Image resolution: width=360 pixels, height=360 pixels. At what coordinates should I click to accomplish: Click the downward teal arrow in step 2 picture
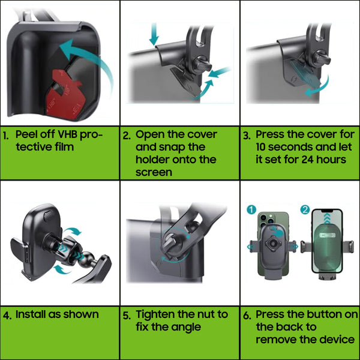click(154, 34)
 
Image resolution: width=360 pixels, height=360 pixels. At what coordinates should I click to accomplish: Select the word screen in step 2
click(154, 172)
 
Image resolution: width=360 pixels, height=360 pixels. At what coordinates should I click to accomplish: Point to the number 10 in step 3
click(261, 147)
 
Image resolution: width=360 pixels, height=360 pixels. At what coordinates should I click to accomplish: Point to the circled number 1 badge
click(251, 209)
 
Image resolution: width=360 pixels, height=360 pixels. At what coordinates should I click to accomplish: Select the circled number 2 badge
click(305, 209)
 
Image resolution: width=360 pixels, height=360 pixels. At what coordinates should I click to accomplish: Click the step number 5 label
click(127, 316)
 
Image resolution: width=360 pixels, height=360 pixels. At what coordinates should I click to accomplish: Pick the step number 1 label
click(6, 136)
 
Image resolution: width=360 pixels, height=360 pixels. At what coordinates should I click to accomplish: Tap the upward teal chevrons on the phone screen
click(327, 218)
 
